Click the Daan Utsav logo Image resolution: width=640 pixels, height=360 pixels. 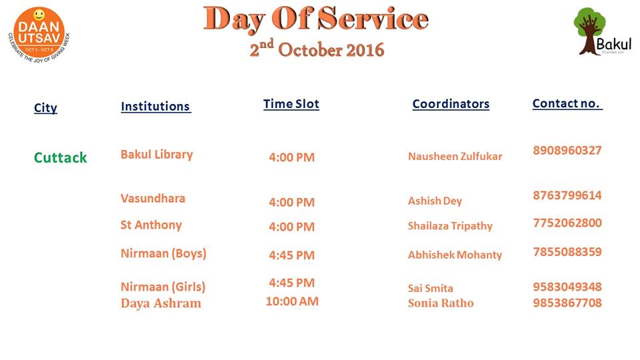[39, 35]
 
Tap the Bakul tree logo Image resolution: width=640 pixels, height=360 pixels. [603, 31]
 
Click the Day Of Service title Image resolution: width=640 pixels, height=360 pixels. [316, 19]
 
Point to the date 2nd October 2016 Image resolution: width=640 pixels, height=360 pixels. [317, 49]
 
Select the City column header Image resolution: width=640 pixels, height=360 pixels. [45, 108]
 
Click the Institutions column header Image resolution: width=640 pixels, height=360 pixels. [155, 106]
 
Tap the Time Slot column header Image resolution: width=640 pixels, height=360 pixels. [291, 104]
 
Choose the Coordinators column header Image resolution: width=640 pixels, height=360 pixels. [451, 104]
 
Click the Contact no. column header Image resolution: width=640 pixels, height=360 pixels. [567, 104]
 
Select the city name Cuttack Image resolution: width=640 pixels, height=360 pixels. [61, 157]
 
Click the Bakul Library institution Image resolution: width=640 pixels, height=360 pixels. [157, 155]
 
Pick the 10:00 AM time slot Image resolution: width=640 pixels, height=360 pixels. [292, 301]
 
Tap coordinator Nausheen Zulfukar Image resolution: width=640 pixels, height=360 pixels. [455, 156]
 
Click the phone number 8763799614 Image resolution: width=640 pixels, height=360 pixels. [567, 195]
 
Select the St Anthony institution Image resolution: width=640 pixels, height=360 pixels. [151, 225]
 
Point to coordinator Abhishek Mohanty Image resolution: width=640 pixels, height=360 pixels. [455, 255]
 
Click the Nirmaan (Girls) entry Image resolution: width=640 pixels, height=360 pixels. [163, 287]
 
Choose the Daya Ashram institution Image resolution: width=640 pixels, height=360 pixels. [161, 303]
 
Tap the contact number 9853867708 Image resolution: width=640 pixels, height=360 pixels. [567, 303]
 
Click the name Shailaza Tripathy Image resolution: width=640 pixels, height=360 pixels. [450, 226]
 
